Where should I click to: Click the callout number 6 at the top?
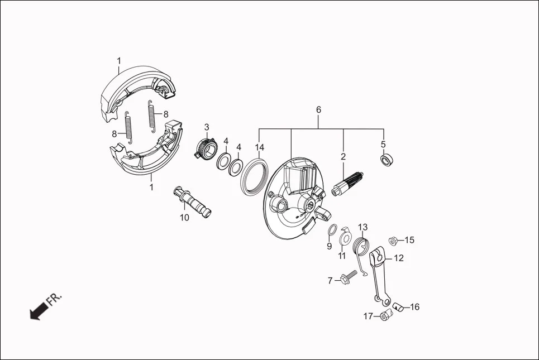318,109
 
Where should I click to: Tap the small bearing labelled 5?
385,160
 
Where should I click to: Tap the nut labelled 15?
392,241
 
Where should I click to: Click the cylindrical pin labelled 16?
397,305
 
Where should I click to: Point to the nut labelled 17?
384,316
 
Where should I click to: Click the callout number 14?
259,147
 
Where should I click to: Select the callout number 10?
184,218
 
